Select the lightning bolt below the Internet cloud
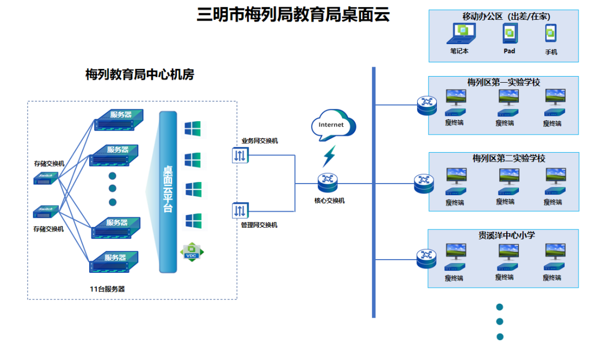329,156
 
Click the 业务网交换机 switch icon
240,155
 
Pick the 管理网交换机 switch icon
240,211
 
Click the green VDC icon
192,253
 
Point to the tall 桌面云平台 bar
168,191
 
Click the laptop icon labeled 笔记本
460,34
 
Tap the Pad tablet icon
509,34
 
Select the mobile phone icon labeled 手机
550,34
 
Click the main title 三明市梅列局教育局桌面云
293,15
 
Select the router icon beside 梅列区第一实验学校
426,104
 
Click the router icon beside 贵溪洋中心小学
426,257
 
